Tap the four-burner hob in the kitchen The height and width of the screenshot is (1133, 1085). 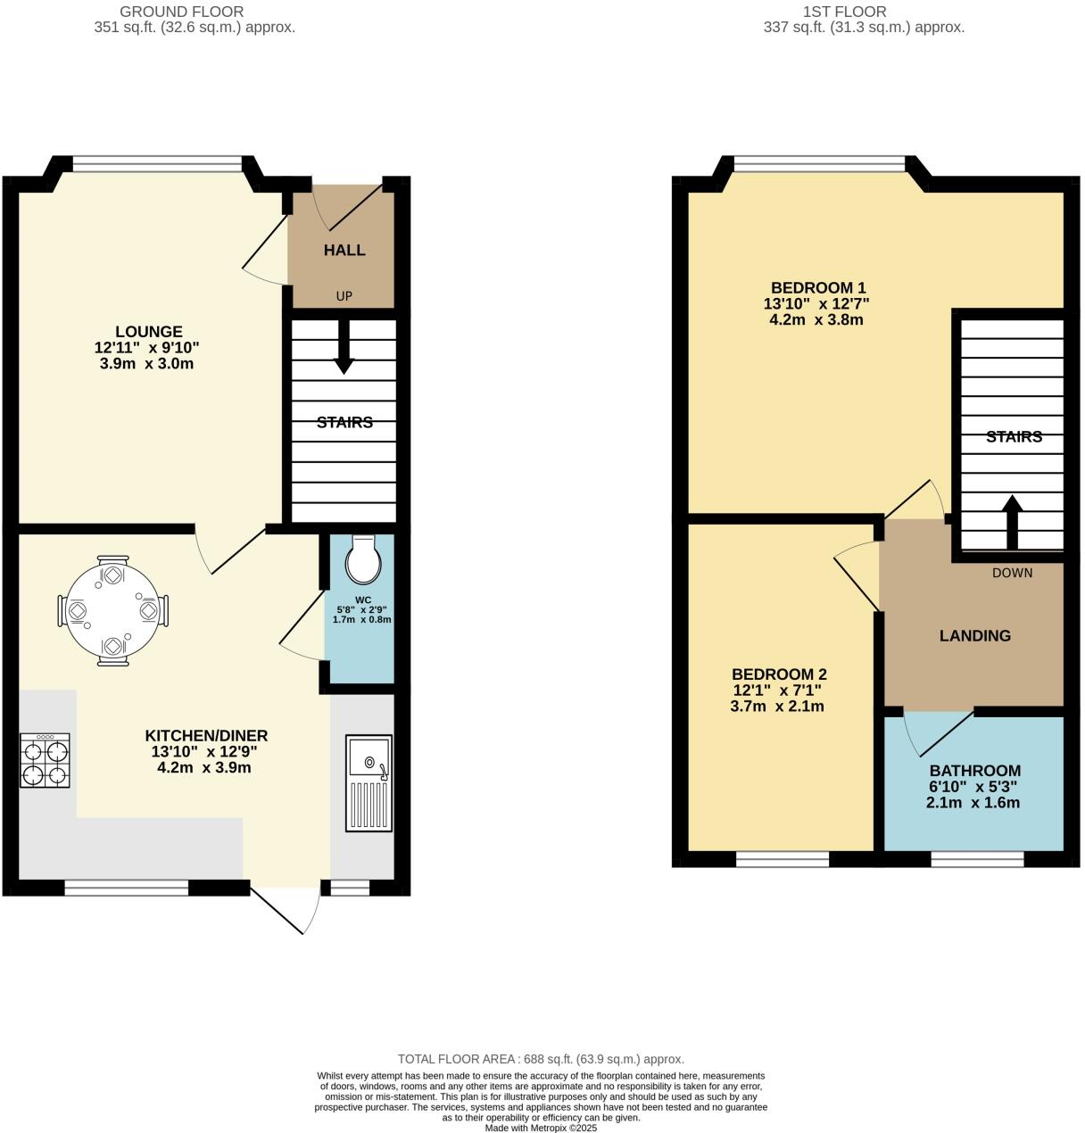click(46, 761)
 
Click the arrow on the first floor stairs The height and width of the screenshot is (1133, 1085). click(1012, 522)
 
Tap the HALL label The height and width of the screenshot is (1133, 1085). click(344, 250)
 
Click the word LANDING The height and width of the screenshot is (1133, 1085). click(975, 636)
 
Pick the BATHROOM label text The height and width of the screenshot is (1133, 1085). click(975, 771)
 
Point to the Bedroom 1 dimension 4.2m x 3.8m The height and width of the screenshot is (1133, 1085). click(816, 319)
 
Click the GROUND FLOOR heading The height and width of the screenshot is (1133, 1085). click(182, 12)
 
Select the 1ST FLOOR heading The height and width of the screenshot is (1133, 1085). click(844, 12)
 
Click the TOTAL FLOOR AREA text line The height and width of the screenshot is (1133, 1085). click(541, 1059)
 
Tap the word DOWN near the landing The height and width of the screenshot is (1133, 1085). click(1012, 573)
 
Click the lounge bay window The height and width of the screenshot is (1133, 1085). click(156, 163)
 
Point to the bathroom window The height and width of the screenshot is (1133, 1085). click(977, 859)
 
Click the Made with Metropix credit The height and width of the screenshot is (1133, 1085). click(541, 1128)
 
